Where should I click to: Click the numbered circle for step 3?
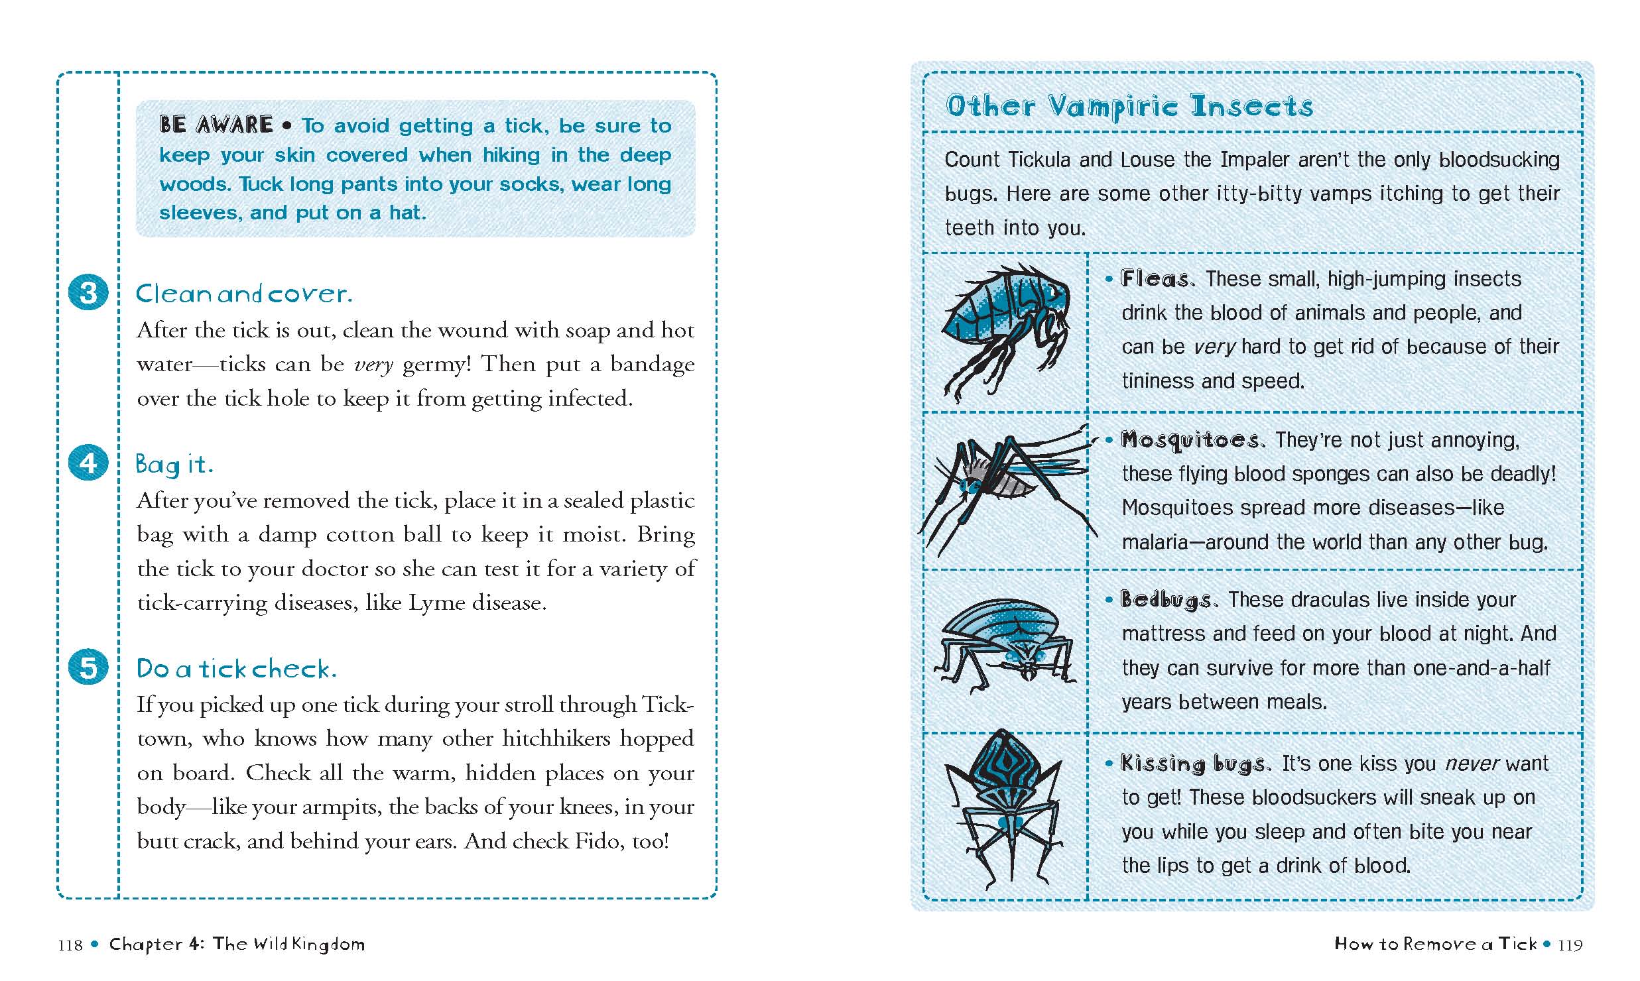(x=88, y=292)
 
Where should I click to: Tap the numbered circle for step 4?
(x=88, y=463)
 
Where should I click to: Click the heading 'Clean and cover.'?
(x=243, y=294)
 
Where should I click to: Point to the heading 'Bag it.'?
(x=174, y=464)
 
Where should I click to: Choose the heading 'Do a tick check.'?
(x=236, y=668)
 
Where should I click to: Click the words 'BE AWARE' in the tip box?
(x=216, y=125)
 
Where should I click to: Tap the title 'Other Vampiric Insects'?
(x=1129, y=106)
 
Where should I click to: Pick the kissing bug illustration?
(x=1004, y=809)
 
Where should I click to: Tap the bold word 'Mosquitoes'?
(x=1192, y=440)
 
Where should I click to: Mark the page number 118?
(x=70, y=945)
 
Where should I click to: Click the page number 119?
(x=1570, y=945)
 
